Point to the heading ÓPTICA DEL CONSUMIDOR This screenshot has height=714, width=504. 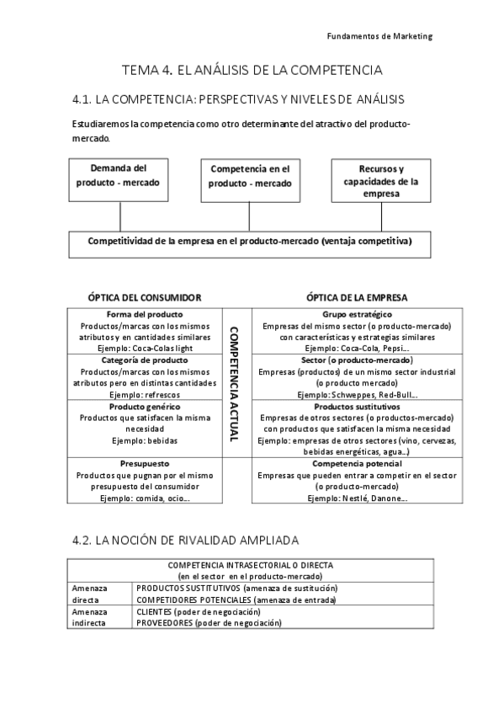click(145, 297)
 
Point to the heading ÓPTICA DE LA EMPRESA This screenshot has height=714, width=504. click(357, 297)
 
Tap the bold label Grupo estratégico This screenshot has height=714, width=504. click(357, 314)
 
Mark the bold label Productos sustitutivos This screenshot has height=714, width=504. click(357, 407)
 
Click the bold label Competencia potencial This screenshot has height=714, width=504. click(357, 463)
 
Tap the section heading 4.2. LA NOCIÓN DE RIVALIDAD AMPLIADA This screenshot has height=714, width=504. click(186, 540)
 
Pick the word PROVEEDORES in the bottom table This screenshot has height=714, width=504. click(164, 623)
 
